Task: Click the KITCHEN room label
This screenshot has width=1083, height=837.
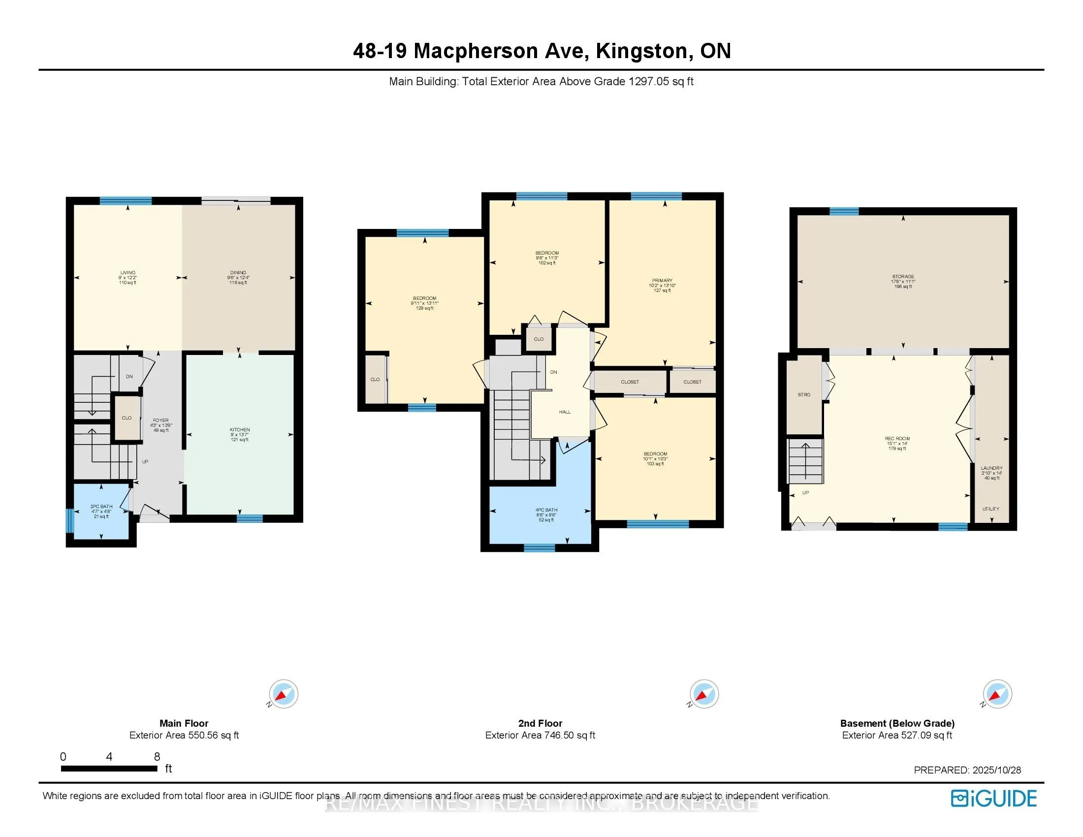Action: [x=240, y=430]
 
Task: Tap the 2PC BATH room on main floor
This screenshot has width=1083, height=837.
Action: [x=101, y=511]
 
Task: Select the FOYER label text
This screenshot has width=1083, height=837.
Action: [x=160, y=420]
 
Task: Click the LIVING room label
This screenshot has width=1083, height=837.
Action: [x=127, y=273]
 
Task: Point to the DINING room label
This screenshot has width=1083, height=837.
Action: [x=238, y=273]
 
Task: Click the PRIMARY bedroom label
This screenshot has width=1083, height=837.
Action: [x=662, y=281]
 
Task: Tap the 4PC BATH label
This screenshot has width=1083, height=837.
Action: [x=546, y=510]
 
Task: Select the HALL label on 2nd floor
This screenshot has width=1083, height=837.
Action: [x=564, y=412]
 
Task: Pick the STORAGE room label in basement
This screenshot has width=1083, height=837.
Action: [x=902, y=277]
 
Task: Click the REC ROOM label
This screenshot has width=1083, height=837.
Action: [x=897, y=439]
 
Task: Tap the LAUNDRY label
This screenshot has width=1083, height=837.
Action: [x=991, y=468]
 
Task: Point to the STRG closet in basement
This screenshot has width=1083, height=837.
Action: [x=804, y=395]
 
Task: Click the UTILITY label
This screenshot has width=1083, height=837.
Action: [x=991, y=509]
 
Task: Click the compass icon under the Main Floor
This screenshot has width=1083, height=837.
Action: [x=284, y=694]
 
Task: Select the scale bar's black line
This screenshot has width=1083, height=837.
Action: [x=109, y=769]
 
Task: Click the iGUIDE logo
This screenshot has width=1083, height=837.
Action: [x=993, y=798]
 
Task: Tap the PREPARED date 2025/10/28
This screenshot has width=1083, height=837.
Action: [x=996, y=770]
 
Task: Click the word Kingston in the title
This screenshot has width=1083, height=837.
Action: [x=644, y=51]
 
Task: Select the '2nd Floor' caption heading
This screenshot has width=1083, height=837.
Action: [x=540, y=723]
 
